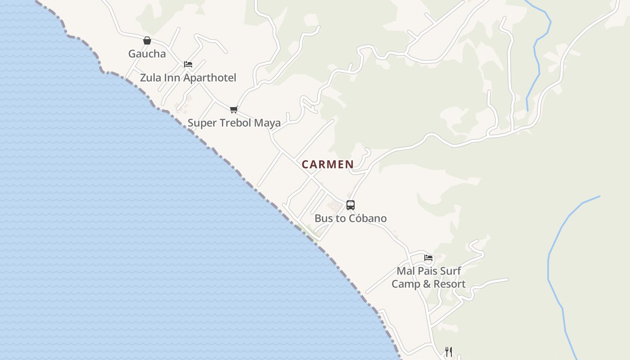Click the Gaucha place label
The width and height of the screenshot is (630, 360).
(x=147, y=54)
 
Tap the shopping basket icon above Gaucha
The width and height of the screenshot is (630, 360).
(x=147, y=40)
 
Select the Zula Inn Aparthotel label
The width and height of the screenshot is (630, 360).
(x=188, y=78)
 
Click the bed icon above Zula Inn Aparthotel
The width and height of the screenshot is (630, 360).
(x=188, y=64)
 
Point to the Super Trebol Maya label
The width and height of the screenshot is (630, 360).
(x=234, y=123)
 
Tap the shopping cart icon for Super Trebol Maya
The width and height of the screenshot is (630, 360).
(x=234, y=109)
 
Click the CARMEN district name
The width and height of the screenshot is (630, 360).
(x=328, y=165)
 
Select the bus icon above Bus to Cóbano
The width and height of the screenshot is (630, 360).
(x=351, y=205)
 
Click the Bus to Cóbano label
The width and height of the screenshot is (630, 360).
(x=351, y=219)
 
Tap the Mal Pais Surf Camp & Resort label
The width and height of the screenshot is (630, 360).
(x=428, y=278)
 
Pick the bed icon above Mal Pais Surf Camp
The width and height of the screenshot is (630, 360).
(x=428, y=258)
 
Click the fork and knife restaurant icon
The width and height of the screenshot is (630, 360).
(x=449, y=351)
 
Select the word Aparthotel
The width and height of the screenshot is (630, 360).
(x=209, y=78)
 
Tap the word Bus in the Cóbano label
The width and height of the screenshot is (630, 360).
(x=323, y=219)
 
